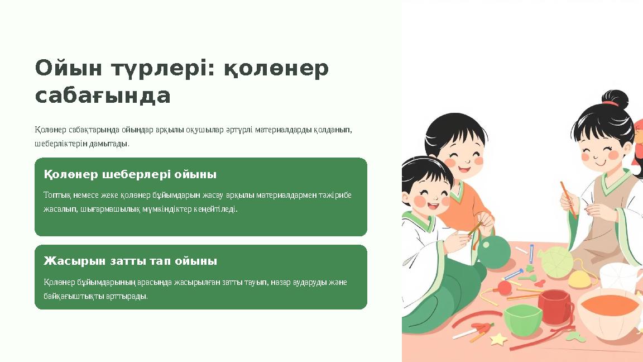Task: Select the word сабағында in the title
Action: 102,96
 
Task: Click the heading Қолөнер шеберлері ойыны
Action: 130,174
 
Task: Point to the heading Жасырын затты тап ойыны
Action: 130,261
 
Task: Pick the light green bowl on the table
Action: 522,318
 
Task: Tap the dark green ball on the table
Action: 493,252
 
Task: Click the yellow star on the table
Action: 497,339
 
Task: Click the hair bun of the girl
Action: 615,99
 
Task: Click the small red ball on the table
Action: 505,287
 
